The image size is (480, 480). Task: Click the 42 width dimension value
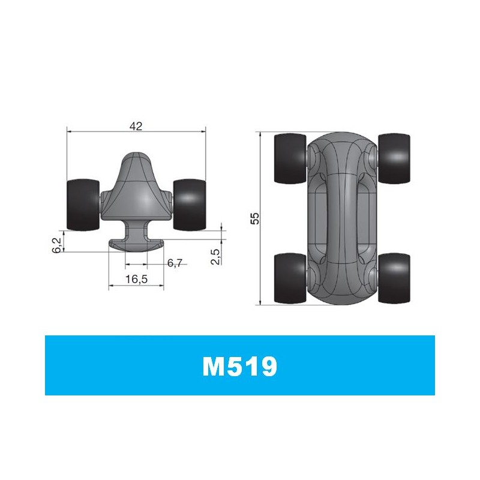pos(136,126)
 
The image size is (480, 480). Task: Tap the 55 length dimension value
pos(254,218)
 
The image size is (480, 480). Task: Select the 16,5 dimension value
pos(136,279)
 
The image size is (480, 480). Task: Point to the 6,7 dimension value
pos(175,263)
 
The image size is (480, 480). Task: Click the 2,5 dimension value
pos(215,257)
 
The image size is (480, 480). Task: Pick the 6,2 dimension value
pos(57,245)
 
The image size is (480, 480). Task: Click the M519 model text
pos(239,366)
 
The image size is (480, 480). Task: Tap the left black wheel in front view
pos(83,205)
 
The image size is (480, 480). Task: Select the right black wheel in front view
pos(189,205)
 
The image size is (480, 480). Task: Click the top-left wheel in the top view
pos(290,158)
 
